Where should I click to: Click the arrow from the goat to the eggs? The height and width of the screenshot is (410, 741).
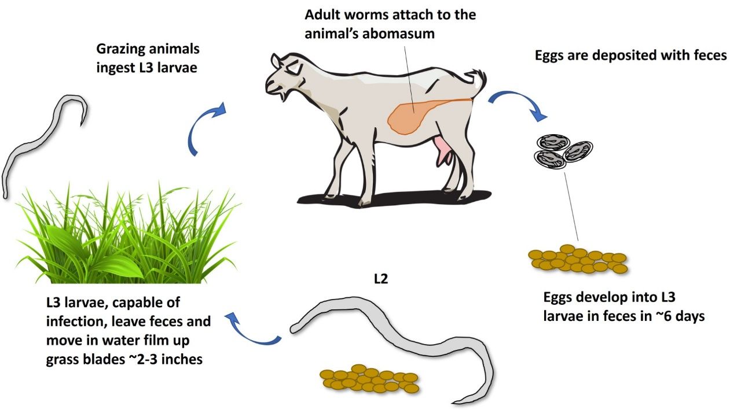[x=519, y=104]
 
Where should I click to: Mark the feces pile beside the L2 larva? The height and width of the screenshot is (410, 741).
[x=369, y=379]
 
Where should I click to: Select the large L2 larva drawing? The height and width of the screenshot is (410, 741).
[x=394, y=341]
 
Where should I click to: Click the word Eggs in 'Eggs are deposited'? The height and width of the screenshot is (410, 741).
[x=549, y=56]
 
